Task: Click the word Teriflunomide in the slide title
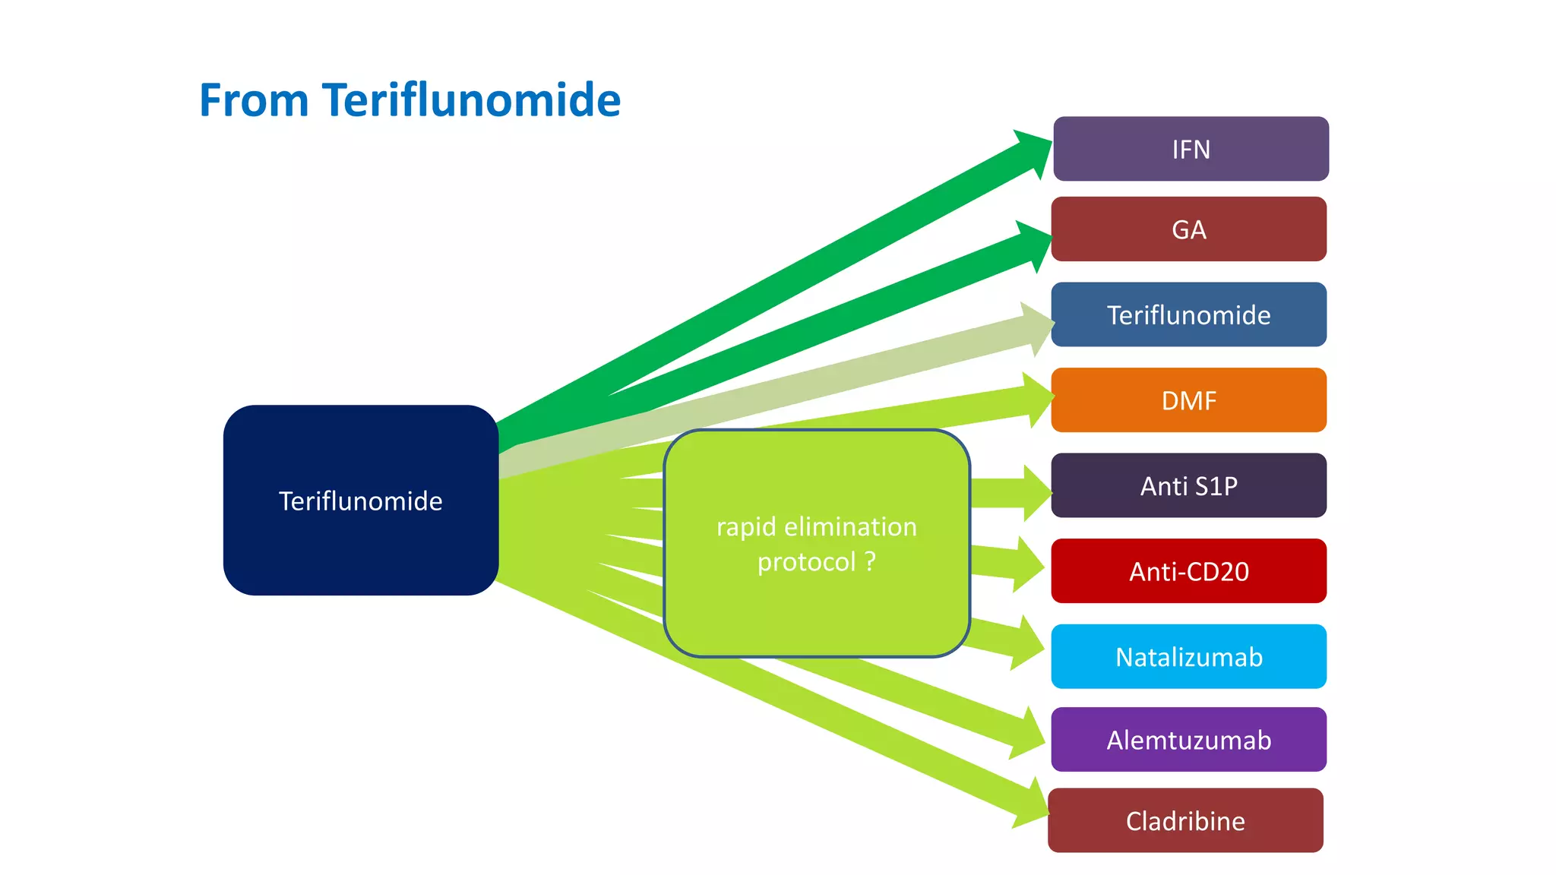tap(471, 100)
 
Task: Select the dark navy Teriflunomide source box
tap(360, 501)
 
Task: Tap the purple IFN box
tap(1191, 149)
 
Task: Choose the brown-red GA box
tap(1188, 229)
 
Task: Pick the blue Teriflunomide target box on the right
tap(1188, 314)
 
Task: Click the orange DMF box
tap(1188, 400)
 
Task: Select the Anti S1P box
tap(1188, 486)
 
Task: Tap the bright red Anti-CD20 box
tap(1188, 571)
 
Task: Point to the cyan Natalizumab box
tap(1188, 657)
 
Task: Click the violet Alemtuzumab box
tap(1188, 740)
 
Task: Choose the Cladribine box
tap(1185, 820)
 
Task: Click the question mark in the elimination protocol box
tap(870, 562)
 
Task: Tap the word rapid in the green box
tap(746, 526)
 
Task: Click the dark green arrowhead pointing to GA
tap(1035, 245)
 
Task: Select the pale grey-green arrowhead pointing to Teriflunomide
tap(1038, 329)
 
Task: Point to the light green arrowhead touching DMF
tap(1038, 399)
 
